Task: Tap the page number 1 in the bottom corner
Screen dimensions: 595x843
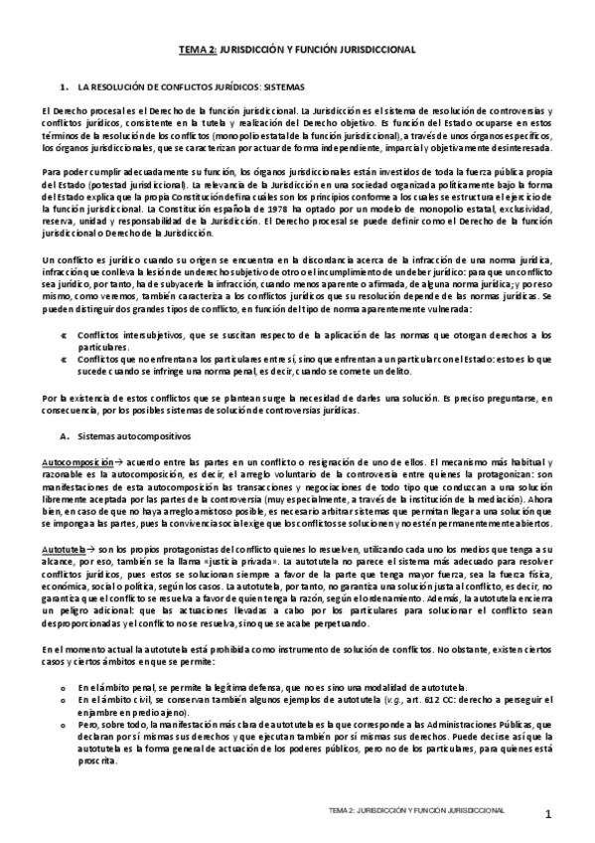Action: pyautogui.click(x=548, y=815)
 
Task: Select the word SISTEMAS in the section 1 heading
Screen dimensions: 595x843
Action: pyautogui.click(x=284, y=86)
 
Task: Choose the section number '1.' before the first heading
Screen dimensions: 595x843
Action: pyautogui.click(x=65, y=86)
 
